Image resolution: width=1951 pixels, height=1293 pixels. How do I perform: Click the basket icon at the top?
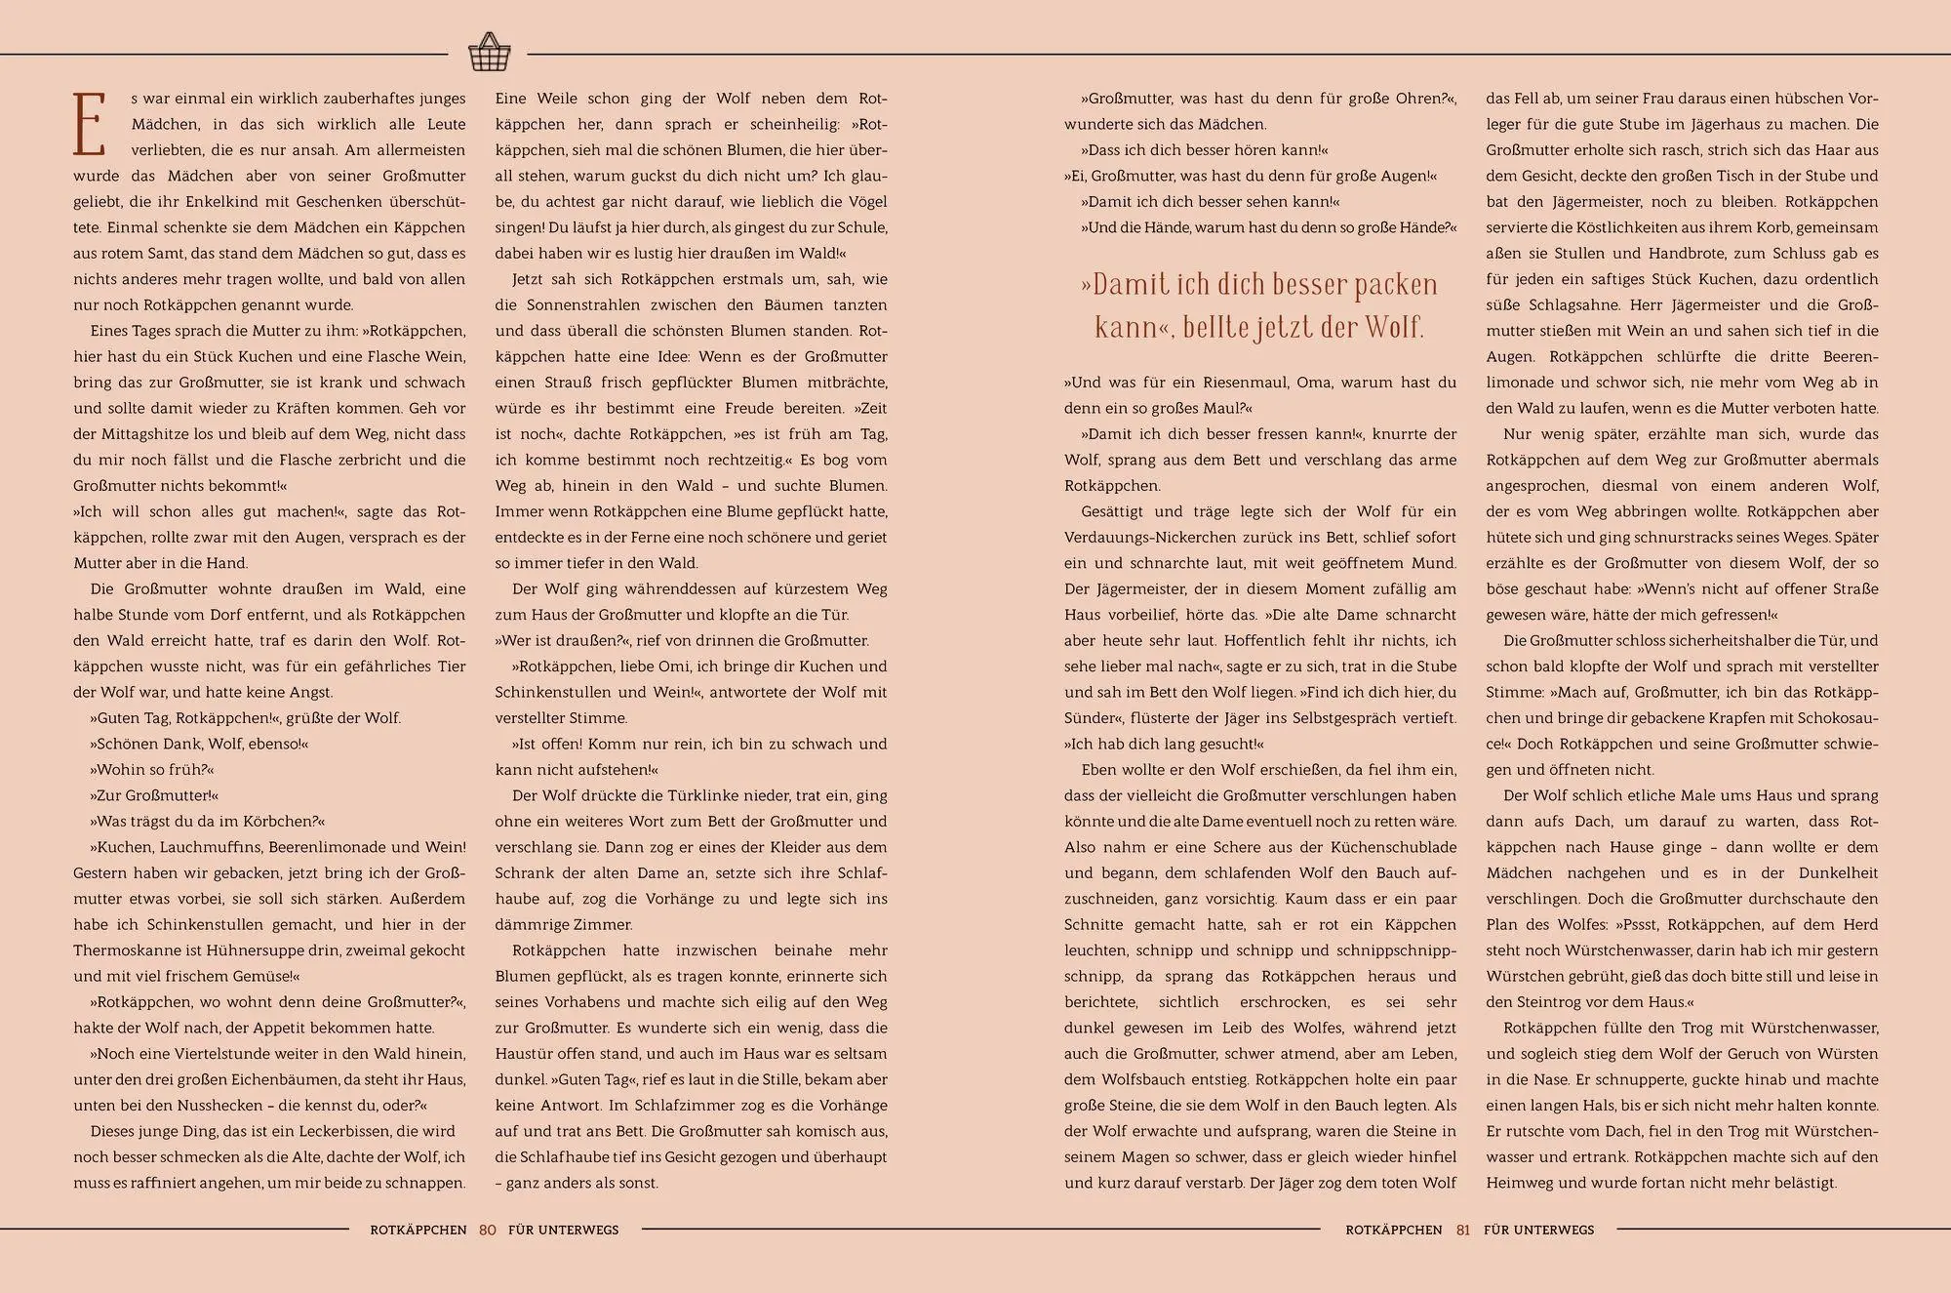point(489,53)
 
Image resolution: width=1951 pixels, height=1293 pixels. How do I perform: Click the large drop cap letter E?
point(89,125)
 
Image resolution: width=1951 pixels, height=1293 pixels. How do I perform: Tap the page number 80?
point(488,1230)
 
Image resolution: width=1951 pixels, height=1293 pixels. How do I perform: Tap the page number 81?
point(1462,1230)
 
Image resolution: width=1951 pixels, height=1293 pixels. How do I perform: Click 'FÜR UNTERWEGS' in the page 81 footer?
point(1538,1230)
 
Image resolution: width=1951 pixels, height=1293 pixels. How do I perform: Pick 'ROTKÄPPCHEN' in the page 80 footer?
point(418,1230)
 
